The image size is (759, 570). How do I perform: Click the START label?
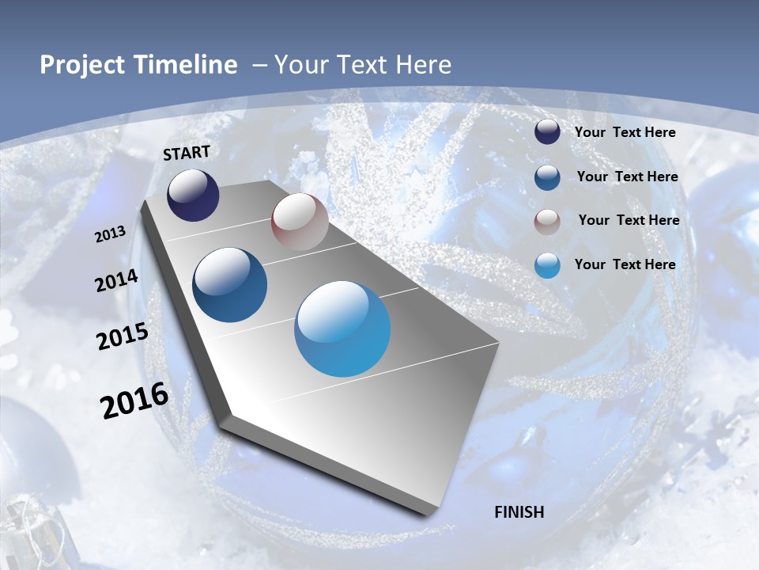pos(187,153)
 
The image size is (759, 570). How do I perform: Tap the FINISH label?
pos(519,512)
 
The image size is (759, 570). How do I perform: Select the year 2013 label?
pos(111,234)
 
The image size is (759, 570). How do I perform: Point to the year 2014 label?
pos(117,281)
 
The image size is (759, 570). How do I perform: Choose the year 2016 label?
pos(134,400)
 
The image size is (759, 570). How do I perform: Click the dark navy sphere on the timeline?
pos(193,196)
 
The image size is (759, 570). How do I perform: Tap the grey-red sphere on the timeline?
pos(300,222)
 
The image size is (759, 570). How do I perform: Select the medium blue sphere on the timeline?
pos(230,285)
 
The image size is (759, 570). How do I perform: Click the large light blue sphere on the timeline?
pos(342,329)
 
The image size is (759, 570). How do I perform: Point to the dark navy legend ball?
pos(547,132)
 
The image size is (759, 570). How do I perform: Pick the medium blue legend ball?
pos(547,177)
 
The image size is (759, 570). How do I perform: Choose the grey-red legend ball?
pos(547,221)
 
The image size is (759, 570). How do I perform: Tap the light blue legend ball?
pos(547,265)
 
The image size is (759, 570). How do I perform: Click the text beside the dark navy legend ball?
pos(625,132)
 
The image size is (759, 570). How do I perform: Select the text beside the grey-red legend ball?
pos(629,220)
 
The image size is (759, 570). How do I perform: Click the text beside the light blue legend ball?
pos(625,264)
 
